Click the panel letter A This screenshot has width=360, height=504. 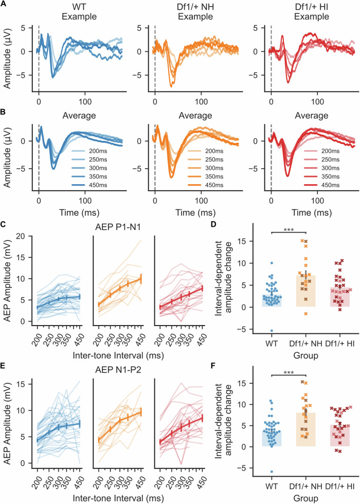click(4, 4)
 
